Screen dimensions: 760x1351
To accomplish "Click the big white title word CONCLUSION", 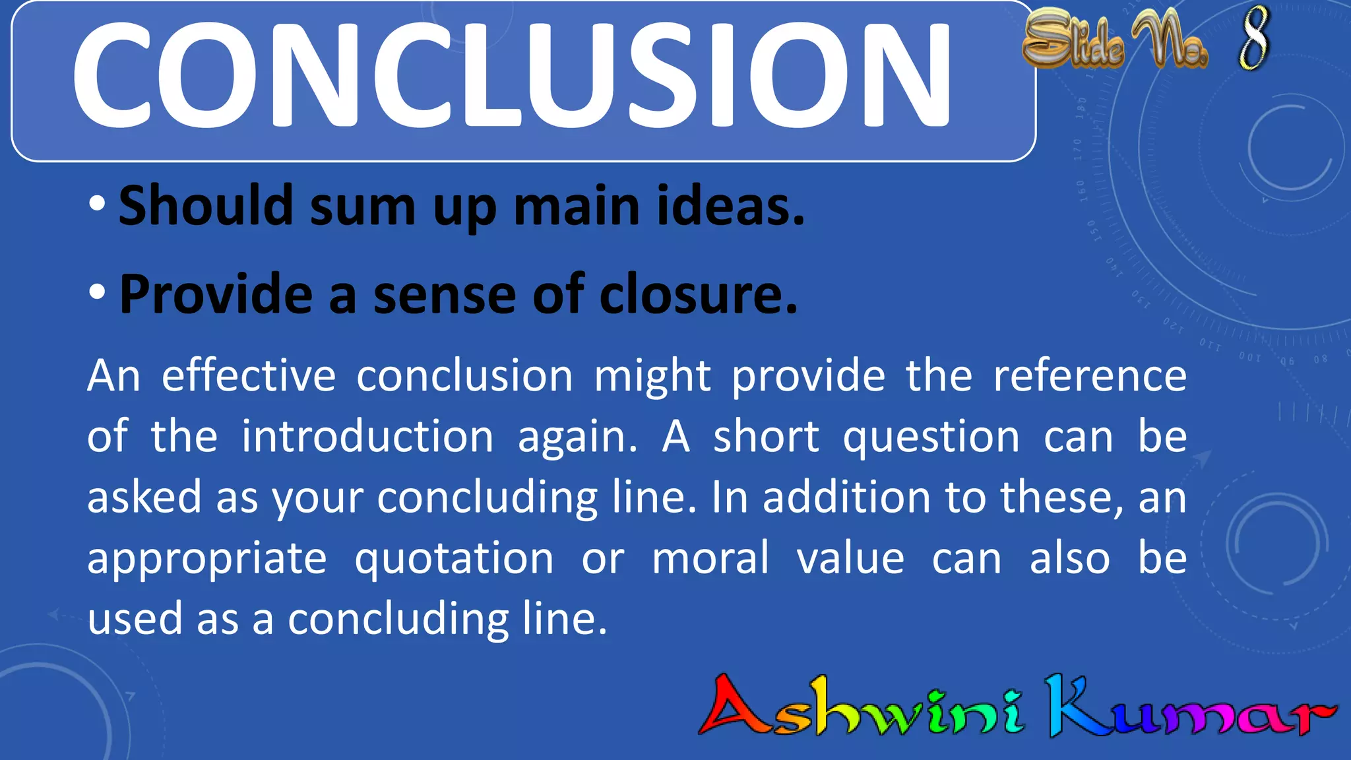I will coord(511,74).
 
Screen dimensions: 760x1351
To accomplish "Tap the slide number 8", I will coord(1253,38).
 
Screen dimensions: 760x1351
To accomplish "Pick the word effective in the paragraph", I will coord(249,376).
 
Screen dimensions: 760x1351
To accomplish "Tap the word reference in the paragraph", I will coord(1090,376).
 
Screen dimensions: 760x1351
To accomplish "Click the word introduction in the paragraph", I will coord(367,437).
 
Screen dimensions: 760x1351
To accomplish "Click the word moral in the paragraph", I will coord(710,558).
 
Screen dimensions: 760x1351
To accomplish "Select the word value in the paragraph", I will coord(850,558).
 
